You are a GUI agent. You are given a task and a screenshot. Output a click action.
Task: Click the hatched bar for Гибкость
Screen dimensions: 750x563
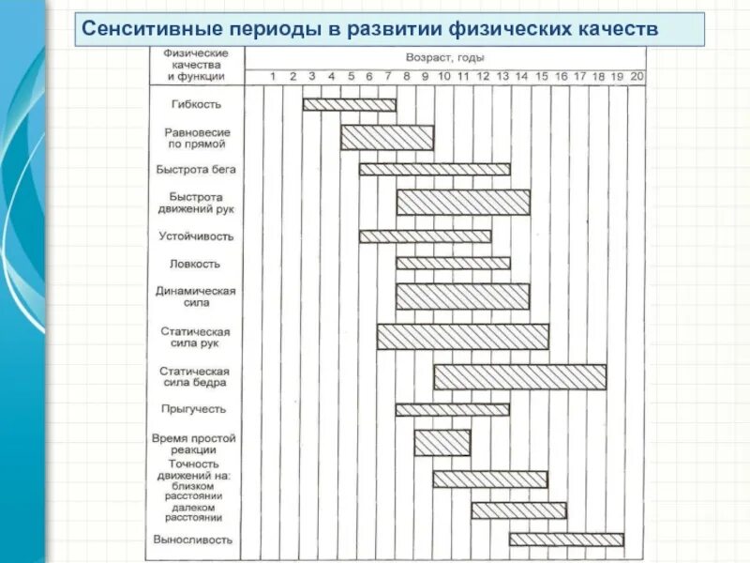coord(349,104)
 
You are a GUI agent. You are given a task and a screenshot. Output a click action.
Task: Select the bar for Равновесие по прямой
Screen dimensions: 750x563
coord(386,138)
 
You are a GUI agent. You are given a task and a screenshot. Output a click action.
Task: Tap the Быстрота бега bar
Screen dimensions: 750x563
coord(434,169)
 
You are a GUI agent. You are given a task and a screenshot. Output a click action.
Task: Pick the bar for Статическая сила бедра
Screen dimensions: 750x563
coord(519,377)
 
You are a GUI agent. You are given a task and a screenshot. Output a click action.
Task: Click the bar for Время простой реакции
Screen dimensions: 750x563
coord(442,443)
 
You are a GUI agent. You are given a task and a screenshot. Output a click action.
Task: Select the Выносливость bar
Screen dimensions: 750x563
coord(566,540)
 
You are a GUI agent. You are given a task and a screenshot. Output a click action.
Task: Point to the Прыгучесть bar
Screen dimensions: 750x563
coord(453,410)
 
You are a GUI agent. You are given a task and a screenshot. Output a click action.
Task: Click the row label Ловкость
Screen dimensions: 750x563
coord(195,264)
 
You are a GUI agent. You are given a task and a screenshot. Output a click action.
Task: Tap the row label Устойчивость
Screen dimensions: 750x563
coord(195,236)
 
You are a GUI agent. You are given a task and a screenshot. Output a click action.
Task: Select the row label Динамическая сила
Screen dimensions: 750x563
coord(195,297)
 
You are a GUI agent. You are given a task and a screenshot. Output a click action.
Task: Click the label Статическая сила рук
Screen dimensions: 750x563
coord(195,337)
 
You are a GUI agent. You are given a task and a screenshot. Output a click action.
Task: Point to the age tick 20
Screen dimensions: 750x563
coord(637,76)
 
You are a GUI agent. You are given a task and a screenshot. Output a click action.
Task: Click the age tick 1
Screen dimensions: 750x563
coord(273,76)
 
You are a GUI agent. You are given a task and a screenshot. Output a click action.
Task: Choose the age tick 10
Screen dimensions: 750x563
coord(444,76)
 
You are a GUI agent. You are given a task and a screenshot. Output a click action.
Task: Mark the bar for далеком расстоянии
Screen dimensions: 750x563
coord(518,510)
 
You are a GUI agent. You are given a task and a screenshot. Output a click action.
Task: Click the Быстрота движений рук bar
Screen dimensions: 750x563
coord(462,203)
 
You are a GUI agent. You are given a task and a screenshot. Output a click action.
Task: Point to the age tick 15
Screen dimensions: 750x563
coord(541,76)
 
